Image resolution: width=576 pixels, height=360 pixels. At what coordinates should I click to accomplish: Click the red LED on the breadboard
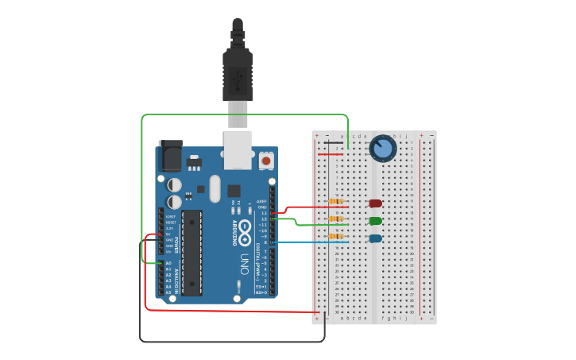pyautogui.click(x=375, y=203)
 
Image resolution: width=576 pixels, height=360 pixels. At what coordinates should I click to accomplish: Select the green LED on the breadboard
pyautogui.click(x=375, y=221)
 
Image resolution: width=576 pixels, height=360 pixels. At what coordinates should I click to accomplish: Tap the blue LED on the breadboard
pyautogui.click(x=375, y=238)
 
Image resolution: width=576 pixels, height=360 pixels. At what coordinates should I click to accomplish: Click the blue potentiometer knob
pyautogui.click(x=383, y=149)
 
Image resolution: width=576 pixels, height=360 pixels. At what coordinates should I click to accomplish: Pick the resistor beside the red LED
pyautogui.click(x=337, y=202)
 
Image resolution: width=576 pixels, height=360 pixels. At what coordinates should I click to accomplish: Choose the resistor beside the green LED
pyautogui.click(x=337, y=219)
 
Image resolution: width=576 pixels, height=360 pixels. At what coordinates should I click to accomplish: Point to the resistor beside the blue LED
pyautogui.click(x=337, y=236)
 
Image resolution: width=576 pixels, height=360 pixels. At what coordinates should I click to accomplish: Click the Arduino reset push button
pyautogui.click(x=266, y=161)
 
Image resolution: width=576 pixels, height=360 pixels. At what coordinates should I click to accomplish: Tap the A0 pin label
pyautogui.click(x=168, y=263)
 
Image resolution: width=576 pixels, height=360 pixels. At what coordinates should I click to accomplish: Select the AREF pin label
pyautogui.click(x=261, y=201)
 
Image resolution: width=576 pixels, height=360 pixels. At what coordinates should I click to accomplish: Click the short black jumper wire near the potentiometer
pyautogui.click(x=333, y=143)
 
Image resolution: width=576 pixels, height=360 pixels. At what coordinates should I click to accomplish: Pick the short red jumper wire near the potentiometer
pyautogui.click(x=331, y=154)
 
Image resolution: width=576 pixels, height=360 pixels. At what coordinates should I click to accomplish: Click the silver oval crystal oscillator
pyautogui.click(x=215, y=189)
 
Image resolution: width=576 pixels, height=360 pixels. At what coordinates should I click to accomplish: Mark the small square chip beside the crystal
pyautogui.click(x=234, y=191)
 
